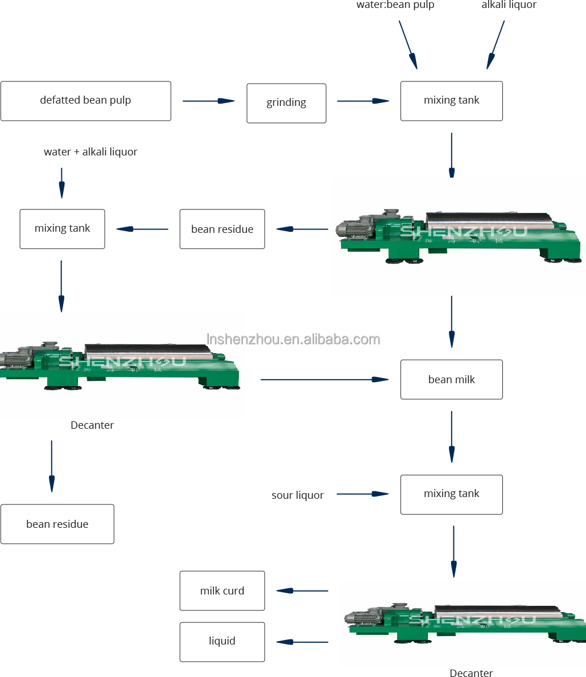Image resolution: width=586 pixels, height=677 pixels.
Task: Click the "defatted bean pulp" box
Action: coord(85,101)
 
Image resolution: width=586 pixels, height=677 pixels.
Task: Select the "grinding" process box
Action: coord(286,103)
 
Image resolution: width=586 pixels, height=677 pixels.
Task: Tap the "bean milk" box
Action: coord(451,379)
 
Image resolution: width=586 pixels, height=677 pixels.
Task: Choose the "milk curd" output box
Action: coord(222,590)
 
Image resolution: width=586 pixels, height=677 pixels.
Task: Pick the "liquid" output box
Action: coord(222,642)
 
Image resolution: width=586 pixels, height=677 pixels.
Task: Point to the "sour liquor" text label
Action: coord(298,495)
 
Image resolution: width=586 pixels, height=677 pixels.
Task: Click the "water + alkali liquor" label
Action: coord(90,152)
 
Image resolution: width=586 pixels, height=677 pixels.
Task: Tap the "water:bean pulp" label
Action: coord(395,5)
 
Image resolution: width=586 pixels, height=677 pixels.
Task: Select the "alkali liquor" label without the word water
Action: coord(509,5)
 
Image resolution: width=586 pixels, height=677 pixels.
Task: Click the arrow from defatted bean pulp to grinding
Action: coord(208,101)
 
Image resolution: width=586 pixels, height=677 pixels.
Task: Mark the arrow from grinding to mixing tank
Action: coord(363,101)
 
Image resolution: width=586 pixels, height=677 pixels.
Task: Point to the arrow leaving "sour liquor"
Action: coord(362,494)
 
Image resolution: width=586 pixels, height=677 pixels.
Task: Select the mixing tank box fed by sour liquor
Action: coord(451,494)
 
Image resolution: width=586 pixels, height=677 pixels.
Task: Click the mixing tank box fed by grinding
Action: coord(451,101)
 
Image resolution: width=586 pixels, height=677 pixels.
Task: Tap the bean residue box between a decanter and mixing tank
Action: coord(222,229)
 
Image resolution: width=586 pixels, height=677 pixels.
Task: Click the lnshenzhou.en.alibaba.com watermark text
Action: coord(293,339)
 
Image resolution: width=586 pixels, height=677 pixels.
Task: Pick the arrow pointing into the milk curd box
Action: coord(302,590)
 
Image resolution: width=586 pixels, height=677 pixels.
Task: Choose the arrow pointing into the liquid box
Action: coord(302,642)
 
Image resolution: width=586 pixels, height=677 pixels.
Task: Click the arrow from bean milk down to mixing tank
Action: coord(452,437)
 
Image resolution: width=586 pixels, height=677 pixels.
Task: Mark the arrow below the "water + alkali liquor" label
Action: coord(61,182)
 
